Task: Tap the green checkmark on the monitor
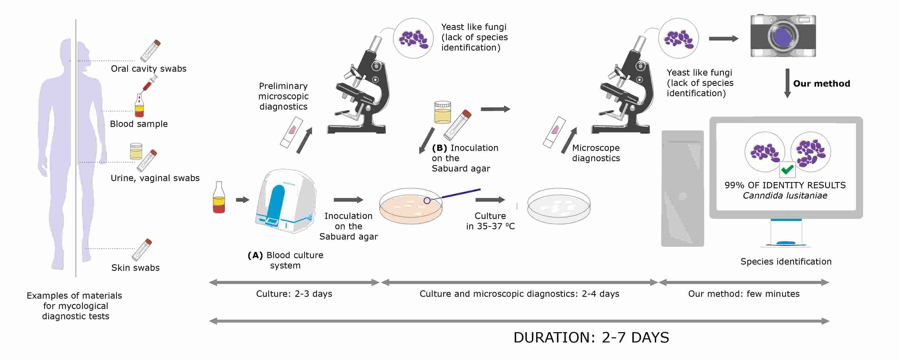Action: (787, 170)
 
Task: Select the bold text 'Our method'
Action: (822, 84)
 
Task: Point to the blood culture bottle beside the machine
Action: (219, 198)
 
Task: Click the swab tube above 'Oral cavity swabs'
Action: (150, 51)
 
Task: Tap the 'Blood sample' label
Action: (139, 124)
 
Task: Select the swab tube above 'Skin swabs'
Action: (142, 249)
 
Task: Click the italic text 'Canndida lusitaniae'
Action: (785, 196)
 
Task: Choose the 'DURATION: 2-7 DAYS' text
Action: (591, 337)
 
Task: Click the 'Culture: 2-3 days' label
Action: (294, 294)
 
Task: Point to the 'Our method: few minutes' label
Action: (743, 294)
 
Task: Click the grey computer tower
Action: (682, 188)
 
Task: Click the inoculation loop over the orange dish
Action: (454, 194)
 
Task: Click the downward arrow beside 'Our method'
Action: (787, 83)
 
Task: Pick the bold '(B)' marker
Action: (439, 148)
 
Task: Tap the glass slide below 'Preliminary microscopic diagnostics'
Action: (291, 132)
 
